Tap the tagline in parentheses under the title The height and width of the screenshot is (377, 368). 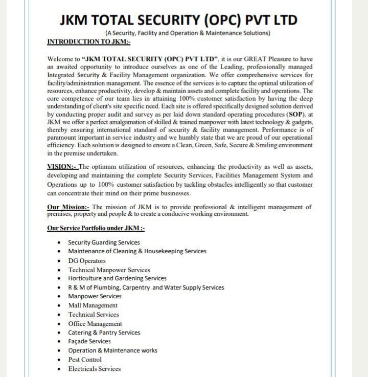click(x=187, y=33)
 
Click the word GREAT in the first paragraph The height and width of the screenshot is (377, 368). click(x=246, y=59)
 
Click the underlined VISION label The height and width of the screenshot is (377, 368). click(x=62, y=167)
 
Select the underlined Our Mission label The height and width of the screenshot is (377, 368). click(x=68, y=207)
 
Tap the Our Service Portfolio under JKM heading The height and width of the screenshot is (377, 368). click(x=96, y=228)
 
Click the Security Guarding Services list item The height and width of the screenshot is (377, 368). click(x=104, y=242)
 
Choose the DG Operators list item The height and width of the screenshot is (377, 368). click(x=87, y=261)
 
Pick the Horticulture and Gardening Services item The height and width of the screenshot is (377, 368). click(x=117, y=278)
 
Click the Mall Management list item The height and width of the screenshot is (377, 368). click(x=93, y=305)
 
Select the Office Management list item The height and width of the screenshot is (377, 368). click(x=95, y=324)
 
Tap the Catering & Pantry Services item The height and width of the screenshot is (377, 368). click(x=104, y=332)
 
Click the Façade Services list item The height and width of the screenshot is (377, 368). click(x=89, y=341)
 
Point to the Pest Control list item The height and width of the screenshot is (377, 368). click(x=85, y=360)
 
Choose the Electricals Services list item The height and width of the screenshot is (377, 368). click(x=95, y=369)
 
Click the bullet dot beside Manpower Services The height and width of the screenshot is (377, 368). click(x=60, y=297)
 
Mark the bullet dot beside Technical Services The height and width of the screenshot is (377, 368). click(x=60, y=315)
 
